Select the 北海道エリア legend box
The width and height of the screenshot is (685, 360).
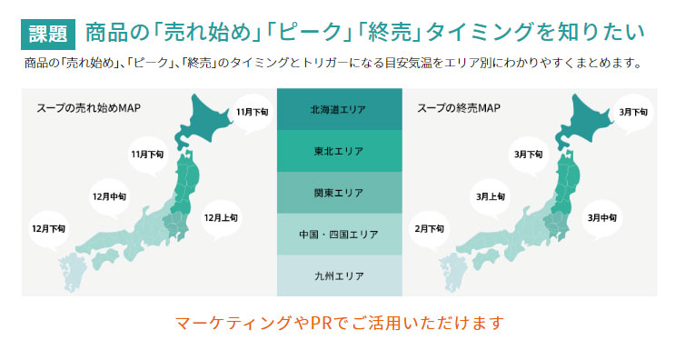click(339, 109)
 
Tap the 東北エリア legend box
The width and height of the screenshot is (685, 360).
click(339, 151)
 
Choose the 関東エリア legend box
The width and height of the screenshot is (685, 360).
click(339, 193)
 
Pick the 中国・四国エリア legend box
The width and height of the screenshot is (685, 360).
click(339, 235)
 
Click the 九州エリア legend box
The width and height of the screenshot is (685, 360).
click(339, 275)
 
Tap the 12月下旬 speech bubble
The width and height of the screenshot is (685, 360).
click(48, 228)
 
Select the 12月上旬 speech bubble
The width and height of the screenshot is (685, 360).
click(221, 218)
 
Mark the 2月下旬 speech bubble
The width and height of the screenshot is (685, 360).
click(430, 228)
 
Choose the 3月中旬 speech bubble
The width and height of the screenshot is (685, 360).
click(602, 218)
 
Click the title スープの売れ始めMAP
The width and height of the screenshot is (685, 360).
click(88, 107)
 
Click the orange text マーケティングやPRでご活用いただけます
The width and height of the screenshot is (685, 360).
click(339, 323)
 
